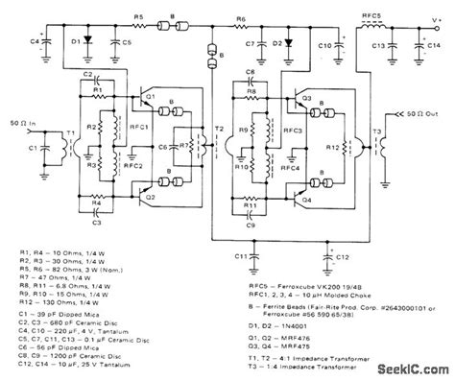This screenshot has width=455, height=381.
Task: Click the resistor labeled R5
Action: (140, 29)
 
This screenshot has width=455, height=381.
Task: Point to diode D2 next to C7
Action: (277, 43)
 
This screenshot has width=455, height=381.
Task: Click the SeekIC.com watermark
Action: (410, 369)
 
